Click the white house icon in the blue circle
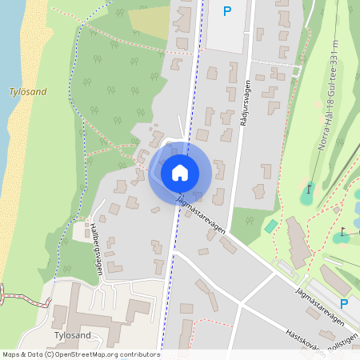pyautogui.click(x=180, y=172)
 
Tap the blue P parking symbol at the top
pyautogui.click(x=227, y=11)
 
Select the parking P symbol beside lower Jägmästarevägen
pyautogui.click(x=344, y=304)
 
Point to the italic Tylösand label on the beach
pyautogui.click(x=28, y=92)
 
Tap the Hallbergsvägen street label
pyautogui.click(x=96, y=248)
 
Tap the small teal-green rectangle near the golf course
pyautogui.click(x=271, y=226)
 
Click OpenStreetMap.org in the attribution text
pyautogui.click(x=86, y=354)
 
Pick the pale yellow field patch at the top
pyautogui.click(x=149, y=22)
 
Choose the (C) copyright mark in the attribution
pyautogui.click(x=49, y=354)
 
